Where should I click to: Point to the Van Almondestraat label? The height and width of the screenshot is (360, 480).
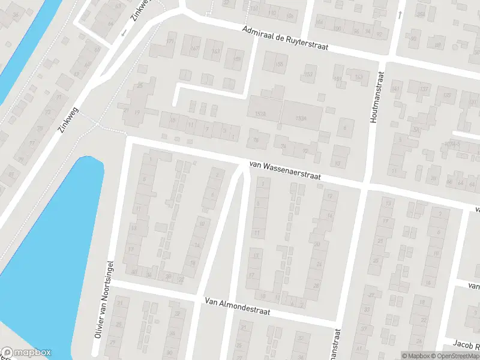tap(237, 307)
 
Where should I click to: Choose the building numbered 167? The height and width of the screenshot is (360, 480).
tap(194, 47)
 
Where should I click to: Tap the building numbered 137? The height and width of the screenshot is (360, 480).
tap(424, 89)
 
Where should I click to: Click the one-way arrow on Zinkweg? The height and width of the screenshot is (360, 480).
tap(124, 32)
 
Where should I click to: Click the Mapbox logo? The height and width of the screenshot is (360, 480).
tap(27, 353)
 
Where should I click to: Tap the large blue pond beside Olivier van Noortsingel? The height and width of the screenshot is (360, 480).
tap(54, 240)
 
